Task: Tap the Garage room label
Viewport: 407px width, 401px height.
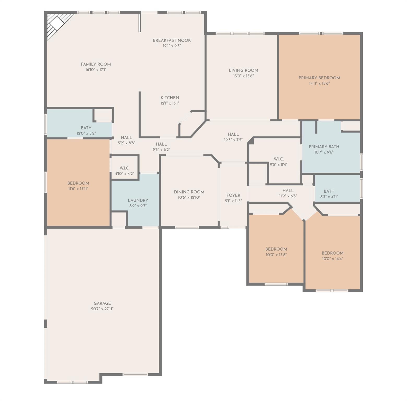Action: point(102,303)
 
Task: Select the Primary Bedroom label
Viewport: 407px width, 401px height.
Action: point(319,78)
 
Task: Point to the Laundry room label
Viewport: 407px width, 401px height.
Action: point(138,200)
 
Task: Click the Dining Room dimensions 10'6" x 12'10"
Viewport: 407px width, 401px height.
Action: point(189,198)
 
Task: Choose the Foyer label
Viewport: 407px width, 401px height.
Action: point(233,195)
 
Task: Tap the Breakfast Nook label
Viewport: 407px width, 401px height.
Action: point(172,40)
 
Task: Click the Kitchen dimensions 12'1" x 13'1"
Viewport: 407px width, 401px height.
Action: point(170,103)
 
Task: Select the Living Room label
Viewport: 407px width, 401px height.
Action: point(243,70)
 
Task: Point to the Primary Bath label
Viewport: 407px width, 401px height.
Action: point(324,147)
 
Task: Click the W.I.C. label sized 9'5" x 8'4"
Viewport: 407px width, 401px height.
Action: point(278,159)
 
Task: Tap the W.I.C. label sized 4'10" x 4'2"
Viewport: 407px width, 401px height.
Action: point(124,168)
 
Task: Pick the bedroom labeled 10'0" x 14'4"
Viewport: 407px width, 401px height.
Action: point(332,253)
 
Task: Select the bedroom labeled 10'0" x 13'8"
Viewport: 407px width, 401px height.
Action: point(276,249)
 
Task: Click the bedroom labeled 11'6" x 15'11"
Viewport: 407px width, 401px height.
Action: point(78,183)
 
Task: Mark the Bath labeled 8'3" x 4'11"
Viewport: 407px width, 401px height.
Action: point(329,191)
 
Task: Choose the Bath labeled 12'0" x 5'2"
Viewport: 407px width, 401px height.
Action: point(86,128)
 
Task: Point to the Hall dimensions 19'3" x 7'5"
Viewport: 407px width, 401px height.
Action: point(233,140)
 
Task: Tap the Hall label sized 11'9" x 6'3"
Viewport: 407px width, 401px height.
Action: point(288,191)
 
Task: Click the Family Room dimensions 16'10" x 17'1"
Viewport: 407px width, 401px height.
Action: point(96,70)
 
